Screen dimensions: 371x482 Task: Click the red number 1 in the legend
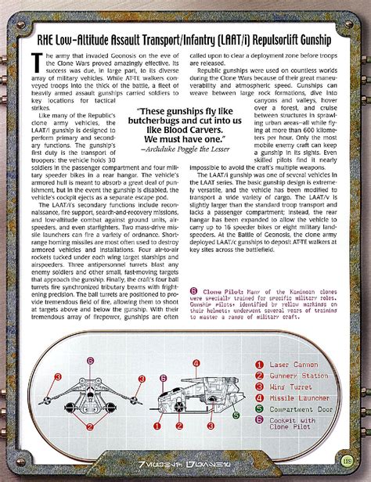258,365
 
